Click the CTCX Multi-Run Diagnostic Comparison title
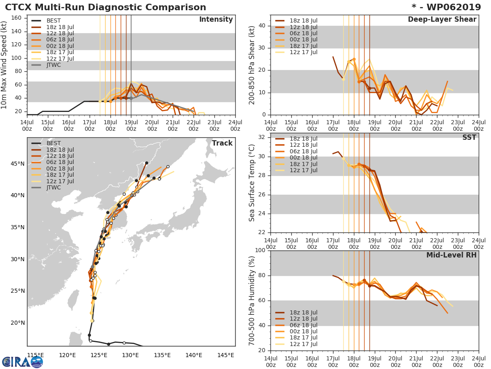pos(106,7)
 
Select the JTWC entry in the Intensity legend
pos(53,65)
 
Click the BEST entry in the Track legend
pos(53,143)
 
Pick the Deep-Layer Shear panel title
pos(442,20)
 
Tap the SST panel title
pos(469,138)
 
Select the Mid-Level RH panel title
pos(451,255)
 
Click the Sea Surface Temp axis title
pos(252,183)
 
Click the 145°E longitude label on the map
pos(225,355)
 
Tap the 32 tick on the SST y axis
pos(262,137)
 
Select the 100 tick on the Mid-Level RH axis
pos(260,251)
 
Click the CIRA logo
pos(22,362)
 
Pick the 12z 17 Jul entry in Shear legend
pos(303,52)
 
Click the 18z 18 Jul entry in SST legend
pos(303,139)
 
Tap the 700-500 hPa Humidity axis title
pos(252,300)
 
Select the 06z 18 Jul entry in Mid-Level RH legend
pos(303,325)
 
